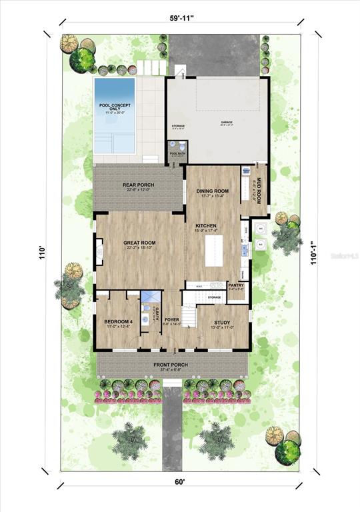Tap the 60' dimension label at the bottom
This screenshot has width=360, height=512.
[x=181, y=494]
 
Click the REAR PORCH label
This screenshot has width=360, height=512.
[x=139, y=186]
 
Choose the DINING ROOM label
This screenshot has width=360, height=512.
[x=213, y=192]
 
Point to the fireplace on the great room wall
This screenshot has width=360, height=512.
[x=99, y=252]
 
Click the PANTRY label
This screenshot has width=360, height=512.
[x=236, y=285]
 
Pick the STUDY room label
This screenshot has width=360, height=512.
[x=222, y=323]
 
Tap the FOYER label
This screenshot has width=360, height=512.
[x=172, y=321]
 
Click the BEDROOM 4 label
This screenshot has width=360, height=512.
[x=119, y=323]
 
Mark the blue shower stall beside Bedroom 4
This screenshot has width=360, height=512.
[x=151, y=298]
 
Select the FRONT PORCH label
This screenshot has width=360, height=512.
[x=171, y=365]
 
